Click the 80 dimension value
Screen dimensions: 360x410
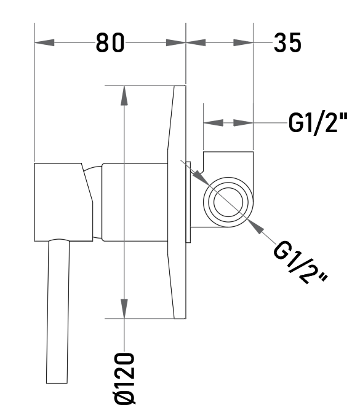pyautogui.click(x=110, y=42)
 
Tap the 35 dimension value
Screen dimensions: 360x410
pyautogui.click(x=287, y=42)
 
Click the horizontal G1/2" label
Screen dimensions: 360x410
pyautogui.click(x=318, y=122)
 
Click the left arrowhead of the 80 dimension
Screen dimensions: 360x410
pyautogui.click(x=44, y=42)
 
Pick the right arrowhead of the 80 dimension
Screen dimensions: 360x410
pyautogui.click(x=175, y=42)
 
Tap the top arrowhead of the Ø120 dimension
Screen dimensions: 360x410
pyautogui.click(x=124, y=95)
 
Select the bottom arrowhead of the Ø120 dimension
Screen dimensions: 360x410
pyautogui.click(x=124, y=309)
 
